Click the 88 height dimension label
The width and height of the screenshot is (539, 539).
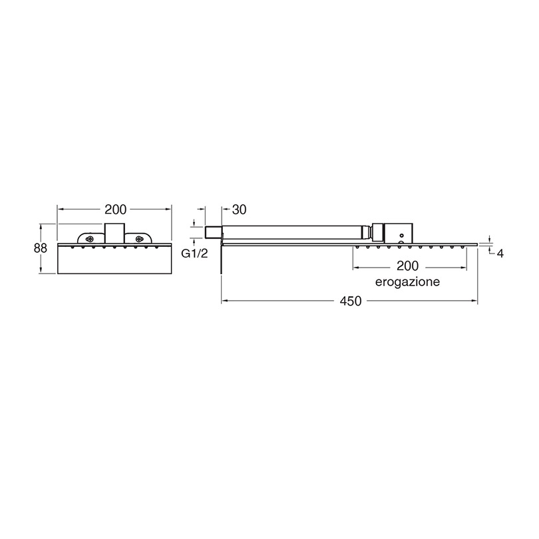point(41,248)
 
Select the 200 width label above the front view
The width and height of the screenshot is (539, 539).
point(116,210)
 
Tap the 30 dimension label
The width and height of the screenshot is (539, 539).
point(240,210)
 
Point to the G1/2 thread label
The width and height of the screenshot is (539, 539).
point(194,254)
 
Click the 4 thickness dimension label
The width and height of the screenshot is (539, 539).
point(500,254)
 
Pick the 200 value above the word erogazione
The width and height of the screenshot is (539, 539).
point(408,266)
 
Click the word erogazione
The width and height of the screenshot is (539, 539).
point(407,282)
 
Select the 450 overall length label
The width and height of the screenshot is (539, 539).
point(351,301)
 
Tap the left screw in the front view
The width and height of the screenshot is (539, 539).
point(90,239)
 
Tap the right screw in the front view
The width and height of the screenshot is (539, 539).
point(139,239)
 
